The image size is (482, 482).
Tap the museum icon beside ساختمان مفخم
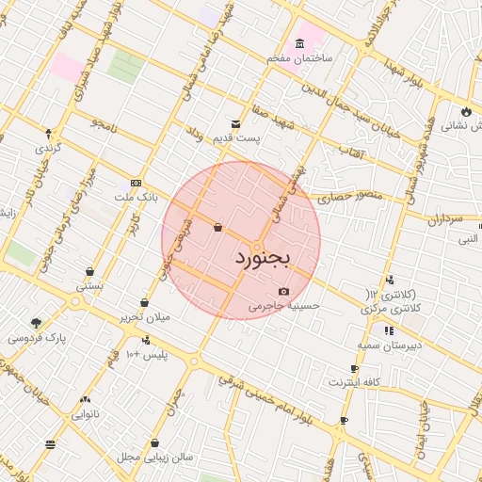pos(299,43)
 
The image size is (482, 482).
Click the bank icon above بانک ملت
pos(137,182)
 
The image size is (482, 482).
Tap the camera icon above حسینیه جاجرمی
pos(283,291)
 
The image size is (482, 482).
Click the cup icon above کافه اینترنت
pos(354,369)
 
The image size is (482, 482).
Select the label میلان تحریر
pos(144,317)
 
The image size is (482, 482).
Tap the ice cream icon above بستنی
pos(88,271)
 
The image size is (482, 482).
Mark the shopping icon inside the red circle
pos(218,227)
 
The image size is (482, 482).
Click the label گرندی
pos(47,149)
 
